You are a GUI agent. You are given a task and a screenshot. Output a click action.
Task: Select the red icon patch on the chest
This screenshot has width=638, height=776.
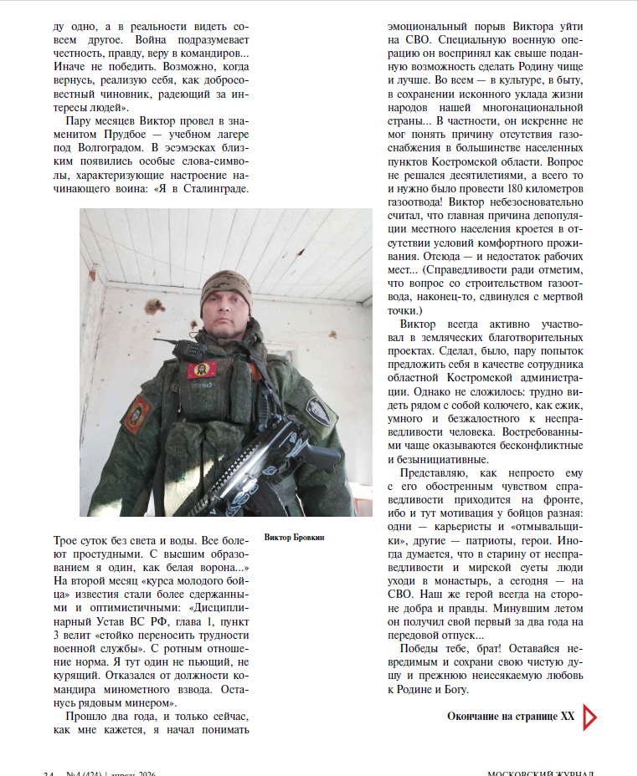200,369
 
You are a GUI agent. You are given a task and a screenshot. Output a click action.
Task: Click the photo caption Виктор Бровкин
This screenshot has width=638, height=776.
293,537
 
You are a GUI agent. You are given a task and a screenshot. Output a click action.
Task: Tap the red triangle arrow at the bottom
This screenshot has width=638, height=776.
589,717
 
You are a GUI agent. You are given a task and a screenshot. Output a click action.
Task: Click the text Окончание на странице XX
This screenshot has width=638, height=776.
511,717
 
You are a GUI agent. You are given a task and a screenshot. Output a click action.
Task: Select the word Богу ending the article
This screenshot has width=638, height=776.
463,690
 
